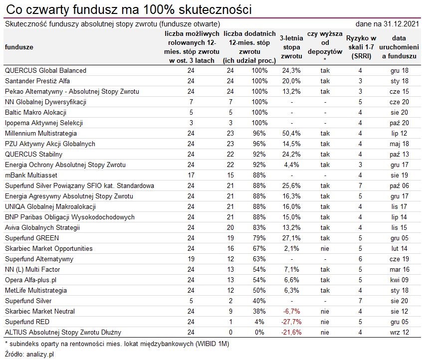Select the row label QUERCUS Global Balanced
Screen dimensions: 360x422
[x=45, y=70]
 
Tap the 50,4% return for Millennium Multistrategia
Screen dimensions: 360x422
[x=291, y=133]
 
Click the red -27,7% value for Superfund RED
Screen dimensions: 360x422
[x=291, y=322]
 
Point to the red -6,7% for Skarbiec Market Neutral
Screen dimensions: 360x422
[x=292, y=311]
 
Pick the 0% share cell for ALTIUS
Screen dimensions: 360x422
[x=259, y=332]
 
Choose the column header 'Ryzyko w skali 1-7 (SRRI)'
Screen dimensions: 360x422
[x=361, y=47]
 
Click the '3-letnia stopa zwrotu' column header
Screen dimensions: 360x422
[x=291, y=47]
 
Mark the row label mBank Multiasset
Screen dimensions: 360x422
[x=31, y=175]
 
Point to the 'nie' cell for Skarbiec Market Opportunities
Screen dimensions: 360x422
[x=325, y=248]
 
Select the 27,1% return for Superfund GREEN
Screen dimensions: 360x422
[x=291, y=238]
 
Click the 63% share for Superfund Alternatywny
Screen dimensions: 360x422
[x=259, y=259]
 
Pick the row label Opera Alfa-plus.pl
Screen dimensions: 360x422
[x=30, y=280]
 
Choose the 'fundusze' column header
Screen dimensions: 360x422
[x=19, y=47]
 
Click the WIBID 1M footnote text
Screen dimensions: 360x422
[x=116, y=344]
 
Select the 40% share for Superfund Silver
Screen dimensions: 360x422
[x=259, y=301]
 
